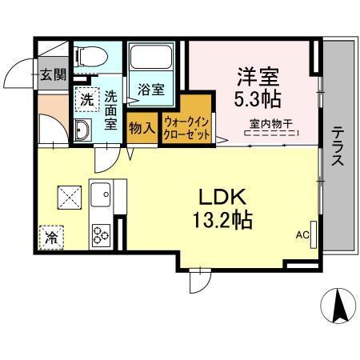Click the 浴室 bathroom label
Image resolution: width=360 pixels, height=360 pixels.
151,89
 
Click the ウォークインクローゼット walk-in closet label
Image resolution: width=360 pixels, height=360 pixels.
187,127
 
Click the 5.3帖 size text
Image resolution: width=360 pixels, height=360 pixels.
256,101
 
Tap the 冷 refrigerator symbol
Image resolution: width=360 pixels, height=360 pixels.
51,236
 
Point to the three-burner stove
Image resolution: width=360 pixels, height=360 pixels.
102,234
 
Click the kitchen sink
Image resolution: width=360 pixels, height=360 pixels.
102,193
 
